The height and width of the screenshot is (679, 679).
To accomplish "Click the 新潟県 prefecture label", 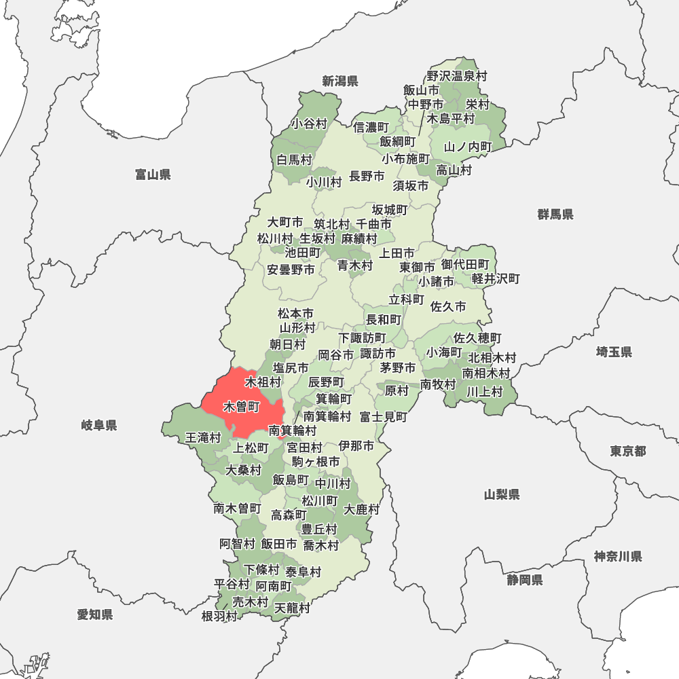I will coord(340,81).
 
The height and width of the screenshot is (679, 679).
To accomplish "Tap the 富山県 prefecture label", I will coord(153,175).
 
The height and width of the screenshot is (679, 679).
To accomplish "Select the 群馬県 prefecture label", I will coord(555,215).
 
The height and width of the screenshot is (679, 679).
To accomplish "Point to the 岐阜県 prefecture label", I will coord(99,426).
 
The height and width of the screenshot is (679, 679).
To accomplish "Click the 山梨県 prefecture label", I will coord(502,494).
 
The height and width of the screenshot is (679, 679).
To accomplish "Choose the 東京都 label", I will coord(627,452).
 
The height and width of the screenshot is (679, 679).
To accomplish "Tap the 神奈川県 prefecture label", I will coord(618,557).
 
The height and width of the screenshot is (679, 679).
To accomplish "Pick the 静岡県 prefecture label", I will coord(524,580).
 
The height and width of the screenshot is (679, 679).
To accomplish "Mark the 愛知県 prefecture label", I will coord(95,615).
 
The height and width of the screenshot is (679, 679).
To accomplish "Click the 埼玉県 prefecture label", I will coord(614,352).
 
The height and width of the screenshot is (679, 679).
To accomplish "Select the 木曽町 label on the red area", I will coord(241,407).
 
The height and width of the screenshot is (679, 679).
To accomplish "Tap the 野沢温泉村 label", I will coord(457,77).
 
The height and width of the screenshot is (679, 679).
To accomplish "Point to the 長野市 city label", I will coord(367,177).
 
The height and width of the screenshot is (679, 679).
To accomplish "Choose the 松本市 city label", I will coord(296,314).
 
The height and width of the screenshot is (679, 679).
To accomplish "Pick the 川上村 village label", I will coord(484,391).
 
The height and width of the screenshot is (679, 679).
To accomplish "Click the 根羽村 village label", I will coord(219,616).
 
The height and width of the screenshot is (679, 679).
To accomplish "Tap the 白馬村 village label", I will coord(294,160).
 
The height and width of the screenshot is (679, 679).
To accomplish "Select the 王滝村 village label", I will coord(203,438).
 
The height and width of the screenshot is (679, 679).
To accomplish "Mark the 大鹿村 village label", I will coord(362,509).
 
